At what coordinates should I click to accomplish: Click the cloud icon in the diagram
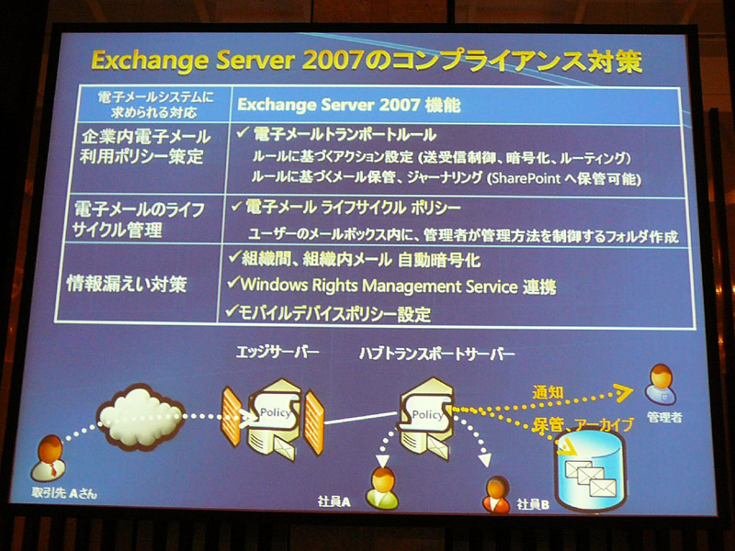tap(140, 417)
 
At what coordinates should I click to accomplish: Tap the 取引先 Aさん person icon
tap(48, 457)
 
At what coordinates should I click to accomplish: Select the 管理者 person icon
tap(661, 384)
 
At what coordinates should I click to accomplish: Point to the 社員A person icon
tap(382, 488)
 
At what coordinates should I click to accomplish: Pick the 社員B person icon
tap(496, 495)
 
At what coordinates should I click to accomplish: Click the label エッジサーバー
tap(277, 352)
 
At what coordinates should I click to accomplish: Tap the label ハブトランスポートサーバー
tap(437, 354)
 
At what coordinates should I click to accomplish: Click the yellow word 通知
tap(548, 392)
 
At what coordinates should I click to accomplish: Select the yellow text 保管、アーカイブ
tap(582, 424)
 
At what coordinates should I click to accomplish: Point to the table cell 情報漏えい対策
tap(127, 284)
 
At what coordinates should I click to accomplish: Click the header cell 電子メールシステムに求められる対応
tap(154, 105)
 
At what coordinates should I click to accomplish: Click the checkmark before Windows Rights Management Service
tap(233, 282)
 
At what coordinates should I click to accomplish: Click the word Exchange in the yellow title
tap(150, 61)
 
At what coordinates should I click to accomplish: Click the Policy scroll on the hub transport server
tap(425, 413)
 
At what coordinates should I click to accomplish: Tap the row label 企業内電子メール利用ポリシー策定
tap(145, 146)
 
